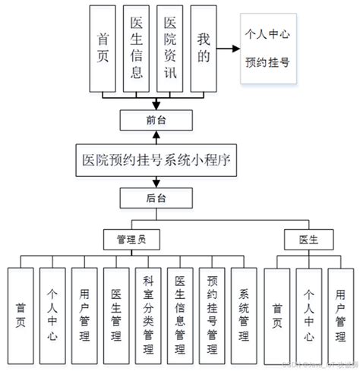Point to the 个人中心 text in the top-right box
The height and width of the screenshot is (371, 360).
coord(269,34)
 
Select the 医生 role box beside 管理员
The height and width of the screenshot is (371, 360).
coord(311,240)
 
